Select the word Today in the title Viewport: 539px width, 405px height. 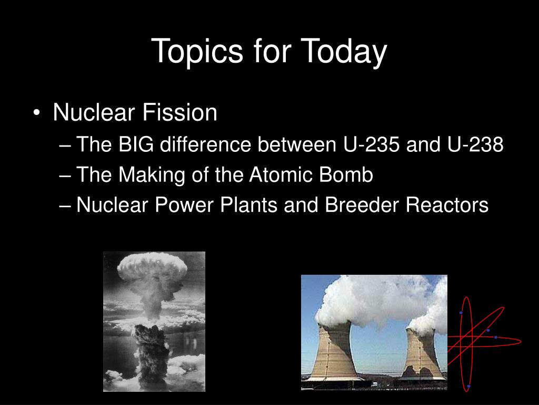[x=344, y=52]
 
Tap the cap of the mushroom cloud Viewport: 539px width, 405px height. [x=152, y=268]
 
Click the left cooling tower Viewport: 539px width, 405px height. [x=335, y=351]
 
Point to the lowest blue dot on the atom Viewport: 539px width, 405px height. [x=468, y=386]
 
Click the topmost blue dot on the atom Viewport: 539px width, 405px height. [x=461, y=313]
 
